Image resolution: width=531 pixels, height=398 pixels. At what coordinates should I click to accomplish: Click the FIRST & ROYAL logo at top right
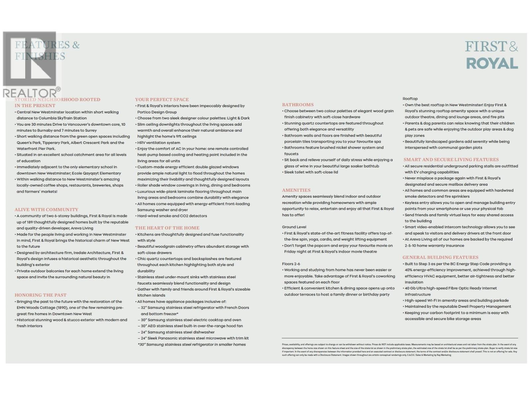492,55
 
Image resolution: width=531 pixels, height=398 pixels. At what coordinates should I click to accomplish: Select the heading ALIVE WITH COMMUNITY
46,210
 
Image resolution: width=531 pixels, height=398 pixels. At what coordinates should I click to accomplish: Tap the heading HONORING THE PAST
40,295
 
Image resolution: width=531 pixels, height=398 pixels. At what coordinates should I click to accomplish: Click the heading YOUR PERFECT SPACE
162,99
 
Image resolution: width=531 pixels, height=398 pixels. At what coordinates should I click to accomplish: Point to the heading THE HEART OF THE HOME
167,228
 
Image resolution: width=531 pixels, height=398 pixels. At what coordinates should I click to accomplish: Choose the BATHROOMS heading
298,104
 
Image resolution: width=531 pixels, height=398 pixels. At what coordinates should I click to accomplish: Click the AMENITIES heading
296,190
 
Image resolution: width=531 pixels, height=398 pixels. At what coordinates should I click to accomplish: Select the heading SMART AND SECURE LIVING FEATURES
451,160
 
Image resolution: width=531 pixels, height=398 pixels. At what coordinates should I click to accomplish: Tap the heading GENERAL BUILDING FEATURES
440,257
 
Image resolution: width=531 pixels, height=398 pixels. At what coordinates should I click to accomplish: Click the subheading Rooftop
410,99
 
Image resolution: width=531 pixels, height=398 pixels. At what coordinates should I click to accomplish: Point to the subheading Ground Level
294,227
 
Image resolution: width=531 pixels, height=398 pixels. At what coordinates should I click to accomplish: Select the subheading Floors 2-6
291,264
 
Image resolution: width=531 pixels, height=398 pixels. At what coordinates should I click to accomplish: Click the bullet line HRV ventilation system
159,143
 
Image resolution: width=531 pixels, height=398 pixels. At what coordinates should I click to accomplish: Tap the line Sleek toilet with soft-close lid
311,172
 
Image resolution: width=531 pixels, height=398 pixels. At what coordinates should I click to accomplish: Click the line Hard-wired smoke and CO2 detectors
172,216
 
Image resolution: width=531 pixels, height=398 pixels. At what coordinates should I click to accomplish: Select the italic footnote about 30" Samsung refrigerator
192,344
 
